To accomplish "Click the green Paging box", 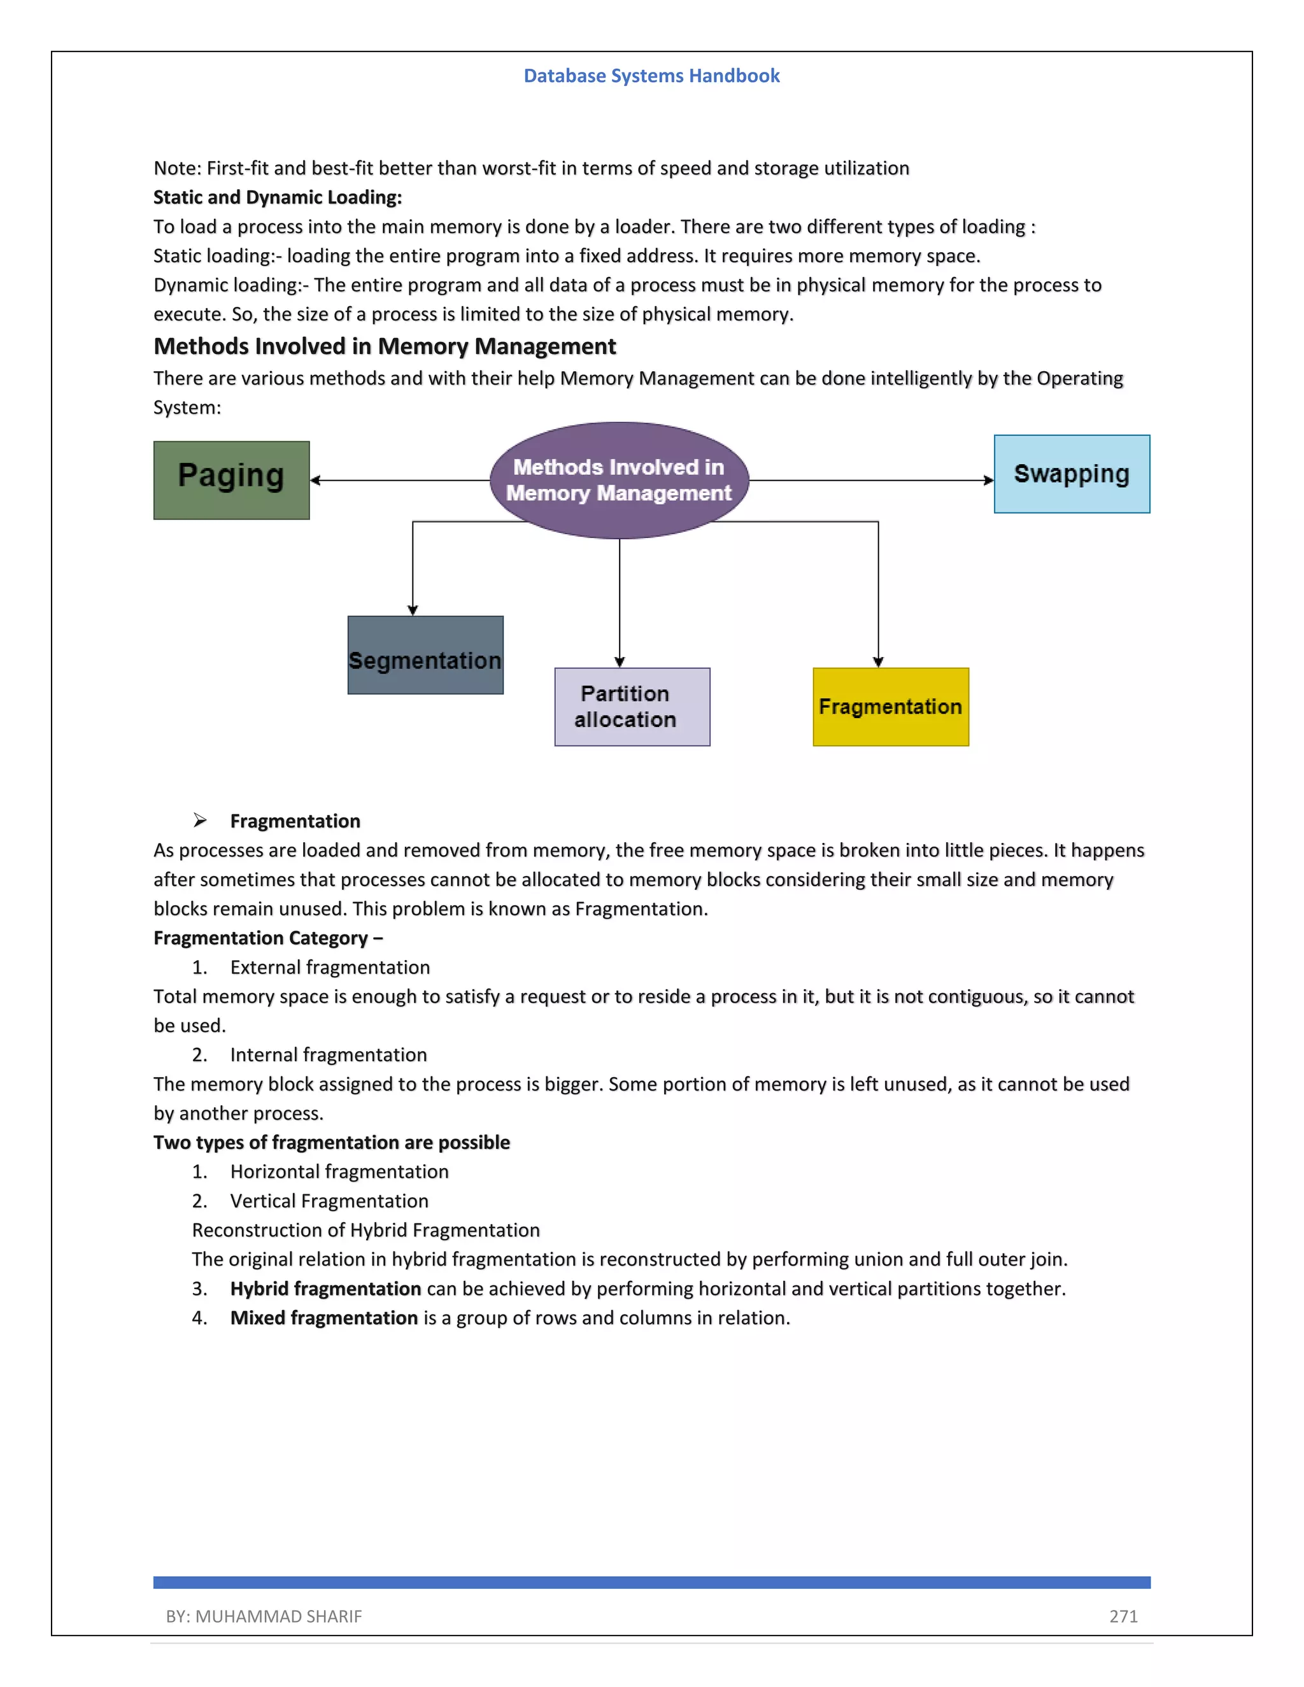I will coord(231,481).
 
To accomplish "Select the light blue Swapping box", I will coord(1072,474).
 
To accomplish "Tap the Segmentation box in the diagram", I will coord(425,655).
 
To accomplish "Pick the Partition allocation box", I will coord(632,707).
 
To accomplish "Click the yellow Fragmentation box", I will coord(890,707).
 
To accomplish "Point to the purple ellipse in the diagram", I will coord(619,480).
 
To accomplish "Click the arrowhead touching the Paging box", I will coord(315,481).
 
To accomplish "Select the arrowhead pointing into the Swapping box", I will coord(988,481).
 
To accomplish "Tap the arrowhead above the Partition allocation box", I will coord(620,662).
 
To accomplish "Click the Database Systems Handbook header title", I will coord(651,76).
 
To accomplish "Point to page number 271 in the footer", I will coord(1123,1616).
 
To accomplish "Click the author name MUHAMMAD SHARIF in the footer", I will coord(278,1616).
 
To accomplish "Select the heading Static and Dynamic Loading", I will coord(278,198).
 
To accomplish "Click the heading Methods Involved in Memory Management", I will coord(385,347).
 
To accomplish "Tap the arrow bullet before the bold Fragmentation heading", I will coord(200,821).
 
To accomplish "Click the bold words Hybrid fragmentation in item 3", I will coord(325,1288).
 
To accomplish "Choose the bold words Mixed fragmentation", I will coord(323,1318).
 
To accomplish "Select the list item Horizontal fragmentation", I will coord(339,1172).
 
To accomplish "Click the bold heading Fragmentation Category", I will coord(267,938).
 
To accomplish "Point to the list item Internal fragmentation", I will coord(329,1055).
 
